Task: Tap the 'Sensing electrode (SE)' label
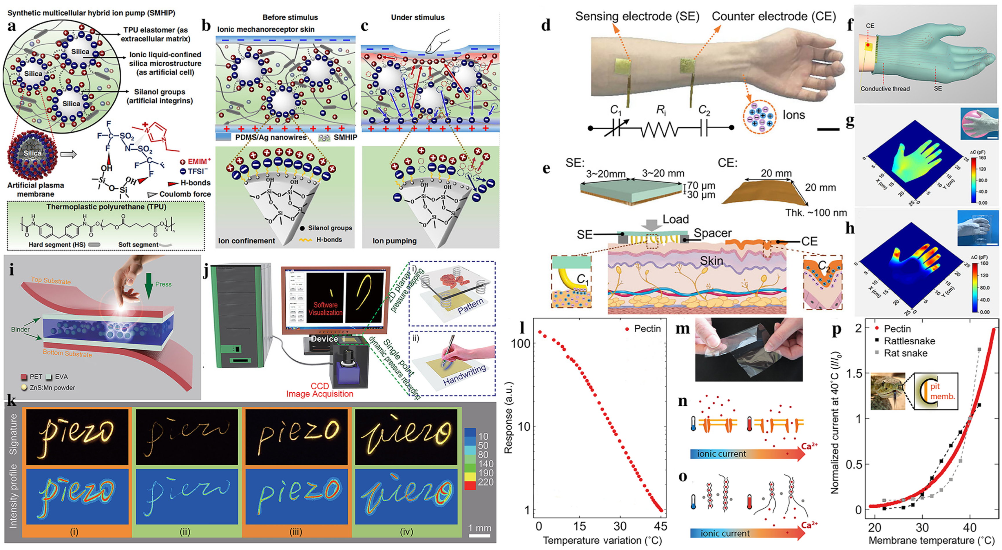coord(637,16)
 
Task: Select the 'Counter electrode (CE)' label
coord(774,16)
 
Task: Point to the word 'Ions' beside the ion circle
coord(793,115)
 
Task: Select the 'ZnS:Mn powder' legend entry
coord(52,388)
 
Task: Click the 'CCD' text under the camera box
coord(320,386)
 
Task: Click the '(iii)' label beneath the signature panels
coord(296,532)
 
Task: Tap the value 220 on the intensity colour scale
coord(486,482)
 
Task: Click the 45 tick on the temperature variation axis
coord(660,526)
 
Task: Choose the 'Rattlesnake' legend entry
coord(909,341)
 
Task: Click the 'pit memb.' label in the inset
coord(942,391)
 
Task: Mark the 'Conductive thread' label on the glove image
coord(885,89)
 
